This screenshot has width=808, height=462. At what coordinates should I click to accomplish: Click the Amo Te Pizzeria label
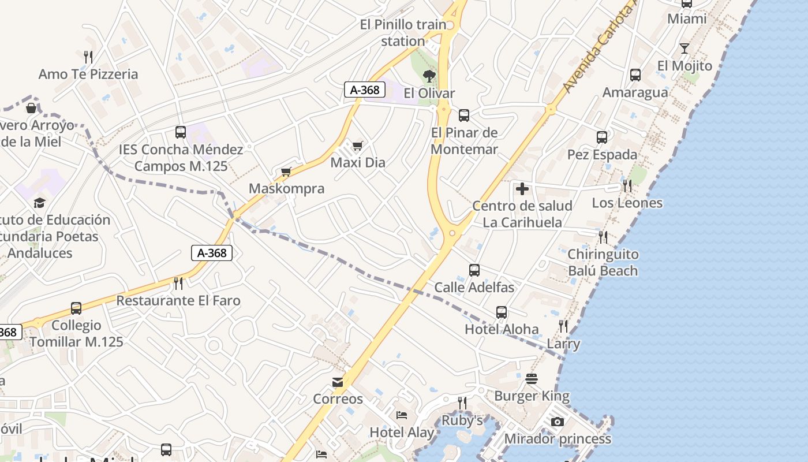(x=88, y=74)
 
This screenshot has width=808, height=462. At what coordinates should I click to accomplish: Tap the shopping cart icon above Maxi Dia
(x=358, y=146)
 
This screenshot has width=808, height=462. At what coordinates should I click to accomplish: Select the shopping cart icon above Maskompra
(x=286, y=172)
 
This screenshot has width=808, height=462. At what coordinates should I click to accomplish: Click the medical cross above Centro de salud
(x=522, y=189)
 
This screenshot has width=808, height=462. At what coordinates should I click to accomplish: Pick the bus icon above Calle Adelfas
(x=474, y=270)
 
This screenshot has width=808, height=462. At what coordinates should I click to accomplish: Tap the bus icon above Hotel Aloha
(x=502, y=312)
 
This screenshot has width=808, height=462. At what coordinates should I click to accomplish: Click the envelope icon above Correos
(x=338, y=382)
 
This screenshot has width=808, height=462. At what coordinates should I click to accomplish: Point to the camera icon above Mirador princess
(x=557, y=422)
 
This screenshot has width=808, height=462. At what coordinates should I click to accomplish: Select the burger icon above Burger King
(x=532, y=379)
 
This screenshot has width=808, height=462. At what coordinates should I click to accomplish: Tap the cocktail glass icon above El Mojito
(x=684, y=49)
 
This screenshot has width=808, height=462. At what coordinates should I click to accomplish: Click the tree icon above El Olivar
(x=429, y=76)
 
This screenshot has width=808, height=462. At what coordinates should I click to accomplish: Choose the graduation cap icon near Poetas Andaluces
(x=39, y=203)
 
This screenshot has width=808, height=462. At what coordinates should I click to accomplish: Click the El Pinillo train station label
(x=403, y=33)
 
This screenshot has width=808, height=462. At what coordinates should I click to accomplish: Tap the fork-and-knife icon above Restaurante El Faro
(x=178, y=284)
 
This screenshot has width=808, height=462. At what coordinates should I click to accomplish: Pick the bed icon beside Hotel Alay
(x=402, y=415)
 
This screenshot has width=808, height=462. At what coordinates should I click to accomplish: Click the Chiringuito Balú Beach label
(x=603, y=263)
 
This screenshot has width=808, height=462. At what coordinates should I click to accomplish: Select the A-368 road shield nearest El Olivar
(x=365, y=90)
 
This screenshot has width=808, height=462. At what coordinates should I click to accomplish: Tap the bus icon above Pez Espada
(x=602, y=137)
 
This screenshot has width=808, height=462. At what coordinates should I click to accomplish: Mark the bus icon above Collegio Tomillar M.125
(x=76, y=308)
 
